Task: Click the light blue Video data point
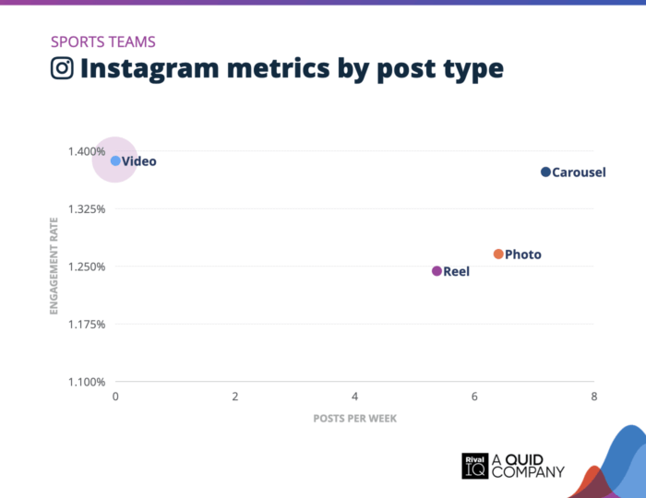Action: pyautogui.click(x=115, y=160)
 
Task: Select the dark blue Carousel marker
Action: pyautogui.click(x=545, y=172)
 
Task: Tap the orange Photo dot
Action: pyautogui.click(x=498, y=254)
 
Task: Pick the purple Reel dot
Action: pyautogui.click(x=437, y=271)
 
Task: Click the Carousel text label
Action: pyautogui.click(x=579, y=172)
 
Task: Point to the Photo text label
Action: pyautogui.click(x=523, y=255)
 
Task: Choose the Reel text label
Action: pyautogui.click(x=456, y=272)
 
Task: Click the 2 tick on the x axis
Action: pyautogui.click(x=235, y=397)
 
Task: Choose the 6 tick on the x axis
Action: pyautogui.click(x=474, y=397)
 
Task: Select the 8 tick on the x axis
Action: pyautogui.click(x=594, y=397)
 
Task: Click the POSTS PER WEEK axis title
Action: pyautogui.click(x=354, y=418)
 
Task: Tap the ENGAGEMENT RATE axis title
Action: pyautogui.click(x=54, y=267)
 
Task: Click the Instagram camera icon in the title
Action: pyautogui.click(x=62, y=69)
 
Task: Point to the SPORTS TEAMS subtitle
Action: pyautogui.click(x=102, y=41)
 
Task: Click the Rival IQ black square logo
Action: pyautogui.click(x=474, y=465)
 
